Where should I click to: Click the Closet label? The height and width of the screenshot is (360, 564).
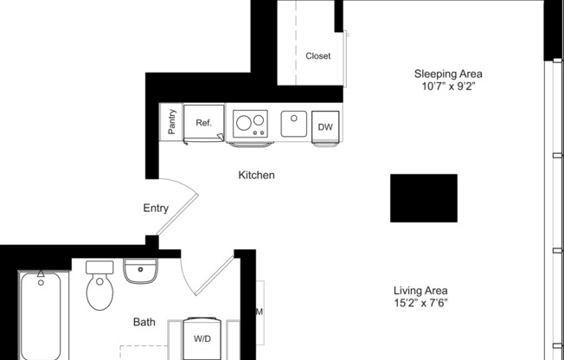coord(317,56)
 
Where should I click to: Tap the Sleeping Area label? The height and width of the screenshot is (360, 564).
coord(447,74)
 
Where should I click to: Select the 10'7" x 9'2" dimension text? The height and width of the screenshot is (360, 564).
coord(447,87)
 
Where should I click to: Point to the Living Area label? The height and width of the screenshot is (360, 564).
coord(420,290)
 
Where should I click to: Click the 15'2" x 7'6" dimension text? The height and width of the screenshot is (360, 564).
coord(420,304)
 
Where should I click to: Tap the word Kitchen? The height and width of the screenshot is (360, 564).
coord(256,176)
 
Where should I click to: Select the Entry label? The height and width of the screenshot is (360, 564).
coord(156,209)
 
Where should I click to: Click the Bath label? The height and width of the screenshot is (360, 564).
coord(144,323)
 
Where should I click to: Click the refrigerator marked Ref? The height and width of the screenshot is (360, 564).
coord(204,123)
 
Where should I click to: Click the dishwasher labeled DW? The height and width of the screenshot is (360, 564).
coord(324,126)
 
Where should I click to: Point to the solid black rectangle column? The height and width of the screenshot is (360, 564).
coord(424,198)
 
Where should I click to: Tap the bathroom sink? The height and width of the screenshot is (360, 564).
coord(140,272)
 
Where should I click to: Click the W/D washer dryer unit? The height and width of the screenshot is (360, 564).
coord(204,337)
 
